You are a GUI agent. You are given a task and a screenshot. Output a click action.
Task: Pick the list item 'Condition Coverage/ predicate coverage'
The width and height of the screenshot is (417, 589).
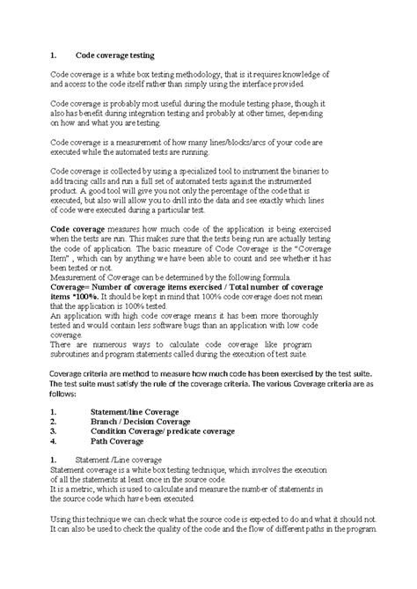point(165,432)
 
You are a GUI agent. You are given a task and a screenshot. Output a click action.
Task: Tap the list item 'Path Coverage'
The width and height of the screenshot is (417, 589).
point(121,443)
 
